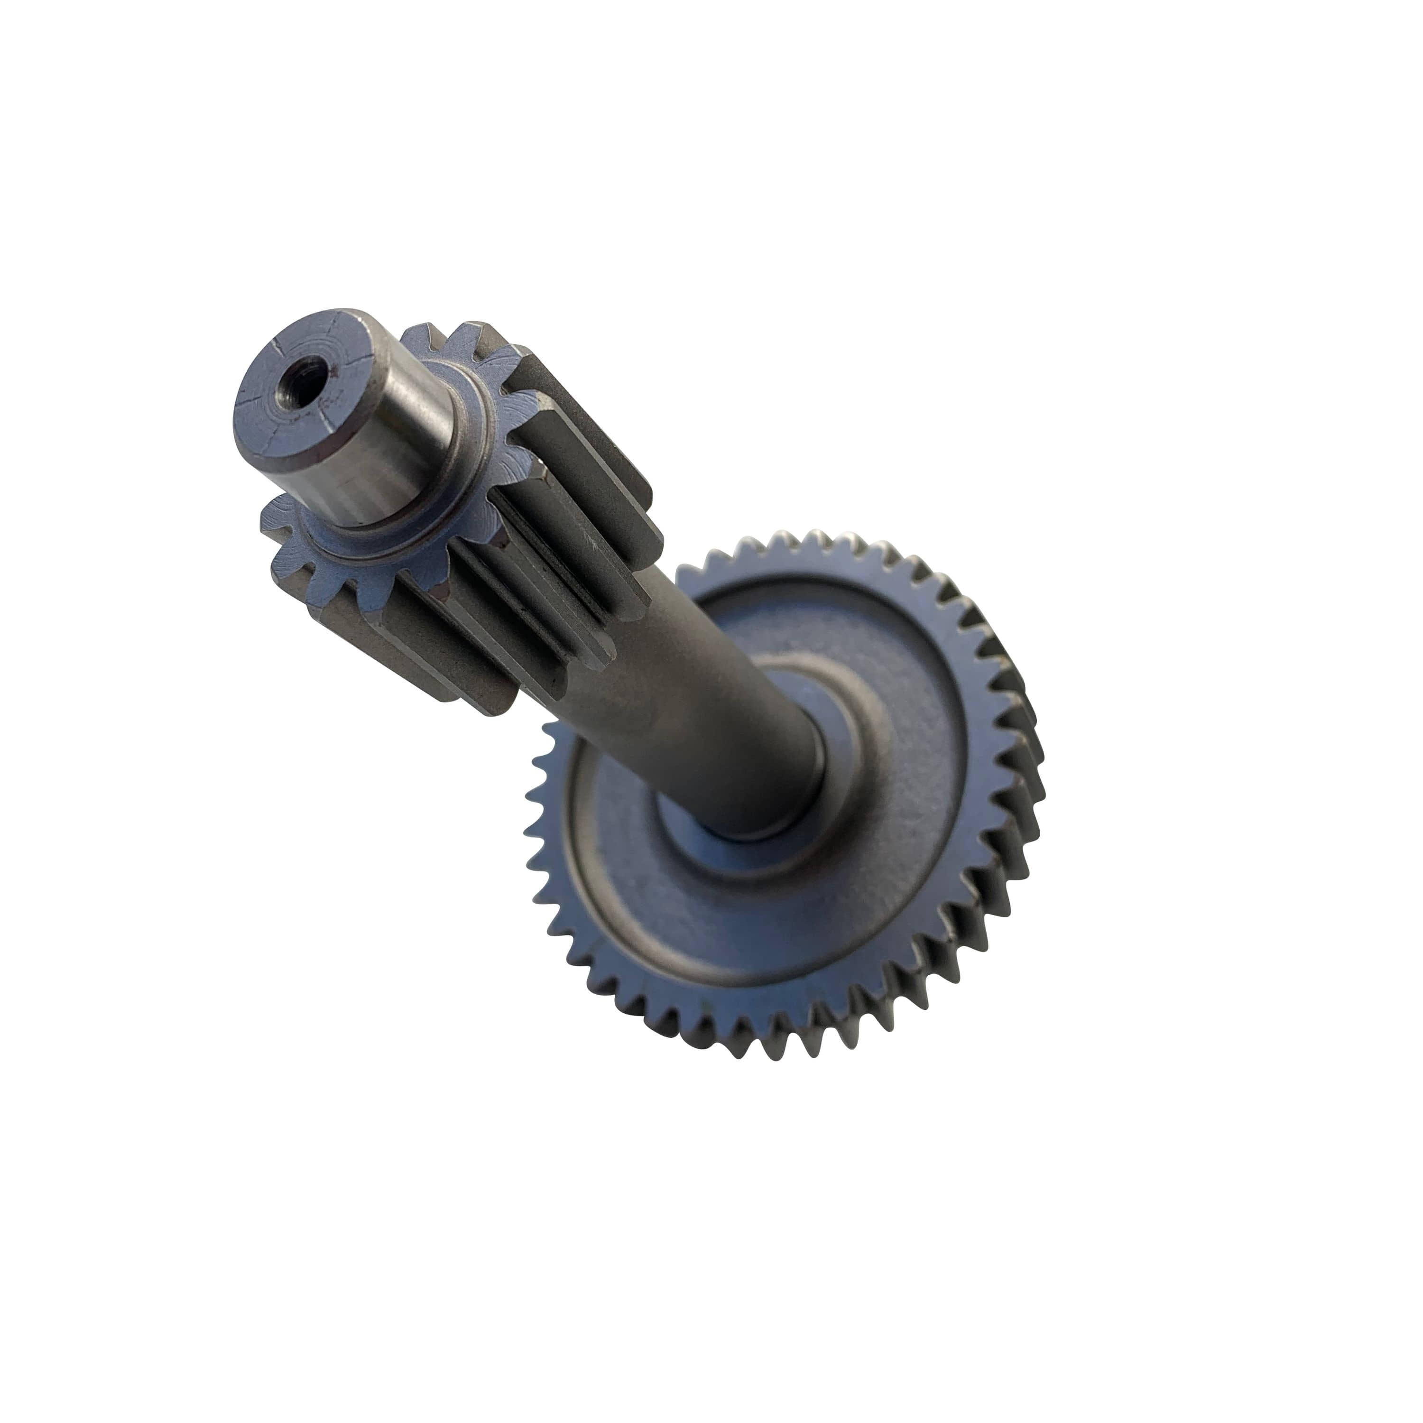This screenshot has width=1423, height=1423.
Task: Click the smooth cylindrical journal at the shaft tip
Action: pos(398,457)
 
